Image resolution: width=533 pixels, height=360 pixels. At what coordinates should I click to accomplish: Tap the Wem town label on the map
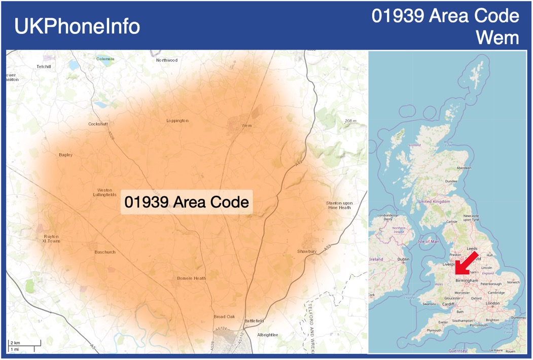[246, 125]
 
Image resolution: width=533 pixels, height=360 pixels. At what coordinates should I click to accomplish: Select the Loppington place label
[177, 121]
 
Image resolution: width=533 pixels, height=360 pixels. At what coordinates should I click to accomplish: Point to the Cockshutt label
[98, 124]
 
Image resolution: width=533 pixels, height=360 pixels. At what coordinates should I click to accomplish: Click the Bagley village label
[65, 155]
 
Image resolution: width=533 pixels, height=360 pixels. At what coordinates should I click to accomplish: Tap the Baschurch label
[105, 252]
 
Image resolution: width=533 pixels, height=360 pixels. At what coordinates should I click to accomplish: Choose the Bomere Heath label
[191, 278]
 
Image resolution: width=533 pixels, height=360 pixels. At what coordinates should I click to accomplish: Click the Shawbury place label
[307, 251]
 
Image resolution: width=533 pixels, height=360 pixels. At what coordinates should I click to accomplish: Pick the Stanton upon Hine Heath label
[339, 205]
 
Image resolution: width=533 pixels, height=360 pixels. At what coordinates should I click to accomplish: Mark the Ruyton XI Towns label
[51, 239]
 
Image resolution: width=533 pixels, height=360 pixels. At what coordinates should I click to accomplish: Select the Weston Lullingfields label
[105, 192]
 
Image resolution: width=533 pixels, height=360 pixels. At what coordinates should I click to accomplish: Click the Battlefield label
[254, 321]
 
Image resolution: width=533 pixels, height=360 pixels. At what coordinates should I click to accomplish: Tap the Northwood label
[167, 60]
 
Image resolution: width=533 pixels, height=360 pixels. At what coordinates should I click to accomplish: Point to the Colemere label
[105, 59]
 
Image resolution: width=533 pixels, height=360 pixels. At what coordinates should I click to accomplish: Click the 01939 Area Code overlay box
[187, 202]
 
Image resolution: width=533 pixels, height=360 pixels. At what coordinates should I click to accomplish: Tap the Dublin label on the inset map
[404, 259]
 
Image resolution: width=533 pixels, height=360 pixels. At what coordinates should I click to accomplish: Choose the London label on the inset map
[492, 303]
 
